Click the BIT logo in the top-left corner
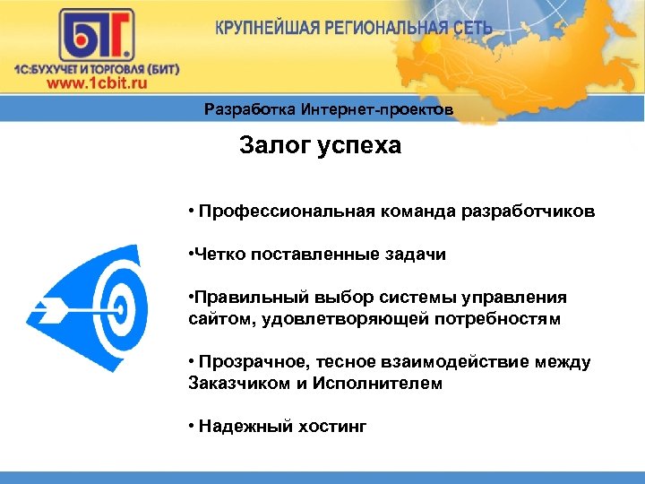pos(98,36)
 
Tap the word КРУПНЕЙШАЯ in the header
pos(270,28)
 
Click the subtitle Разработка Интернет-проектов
pos(328,110)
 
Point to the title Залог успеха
pos(321,146)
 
